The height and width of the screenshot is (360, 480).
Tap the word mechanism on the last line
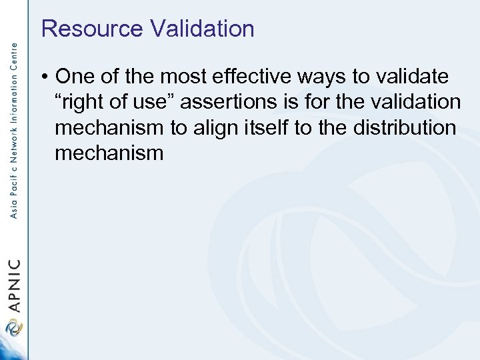pyautogui.click(x=109, y=154)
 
